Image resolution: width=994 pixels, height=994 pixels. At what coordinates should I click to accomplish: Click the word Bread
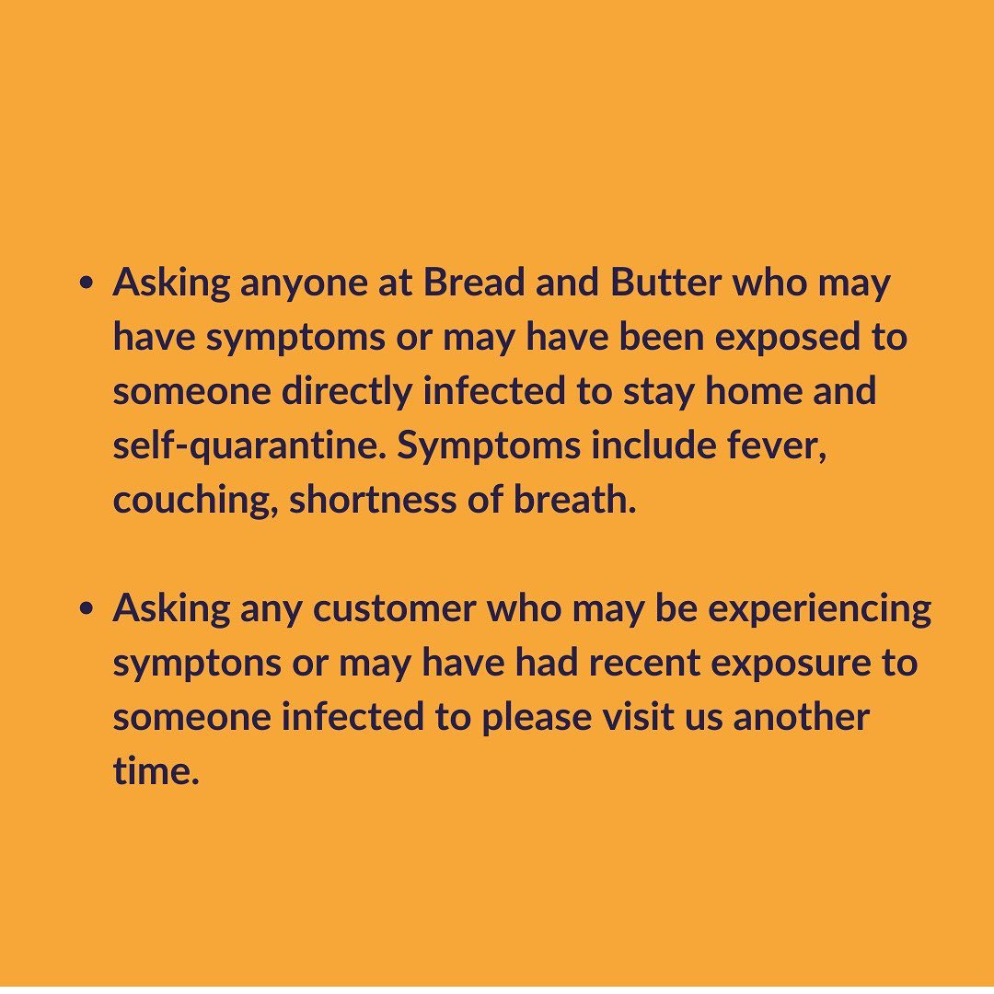click(x=474, y=283)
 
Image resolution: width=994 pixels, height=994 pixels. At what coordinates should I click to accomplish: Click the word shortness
click(x=373, y=500)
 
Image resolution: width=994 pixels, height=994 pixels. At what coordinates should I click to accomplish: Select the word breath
click(x=574, y=500)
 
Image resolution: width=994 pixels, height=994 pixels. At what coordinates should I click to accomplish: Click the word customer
click(x=394, y=609)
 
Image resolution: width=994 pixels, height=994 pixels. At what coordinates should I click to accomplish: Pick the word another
click(x=802, y=718)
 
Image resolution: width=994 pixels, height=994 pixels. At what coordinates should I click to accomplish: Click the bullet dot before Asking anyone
click(x=87, y=283)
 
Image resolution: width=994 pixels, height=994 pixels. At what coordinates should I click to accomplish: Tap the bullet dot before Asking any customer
click(x=87, y=609)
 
